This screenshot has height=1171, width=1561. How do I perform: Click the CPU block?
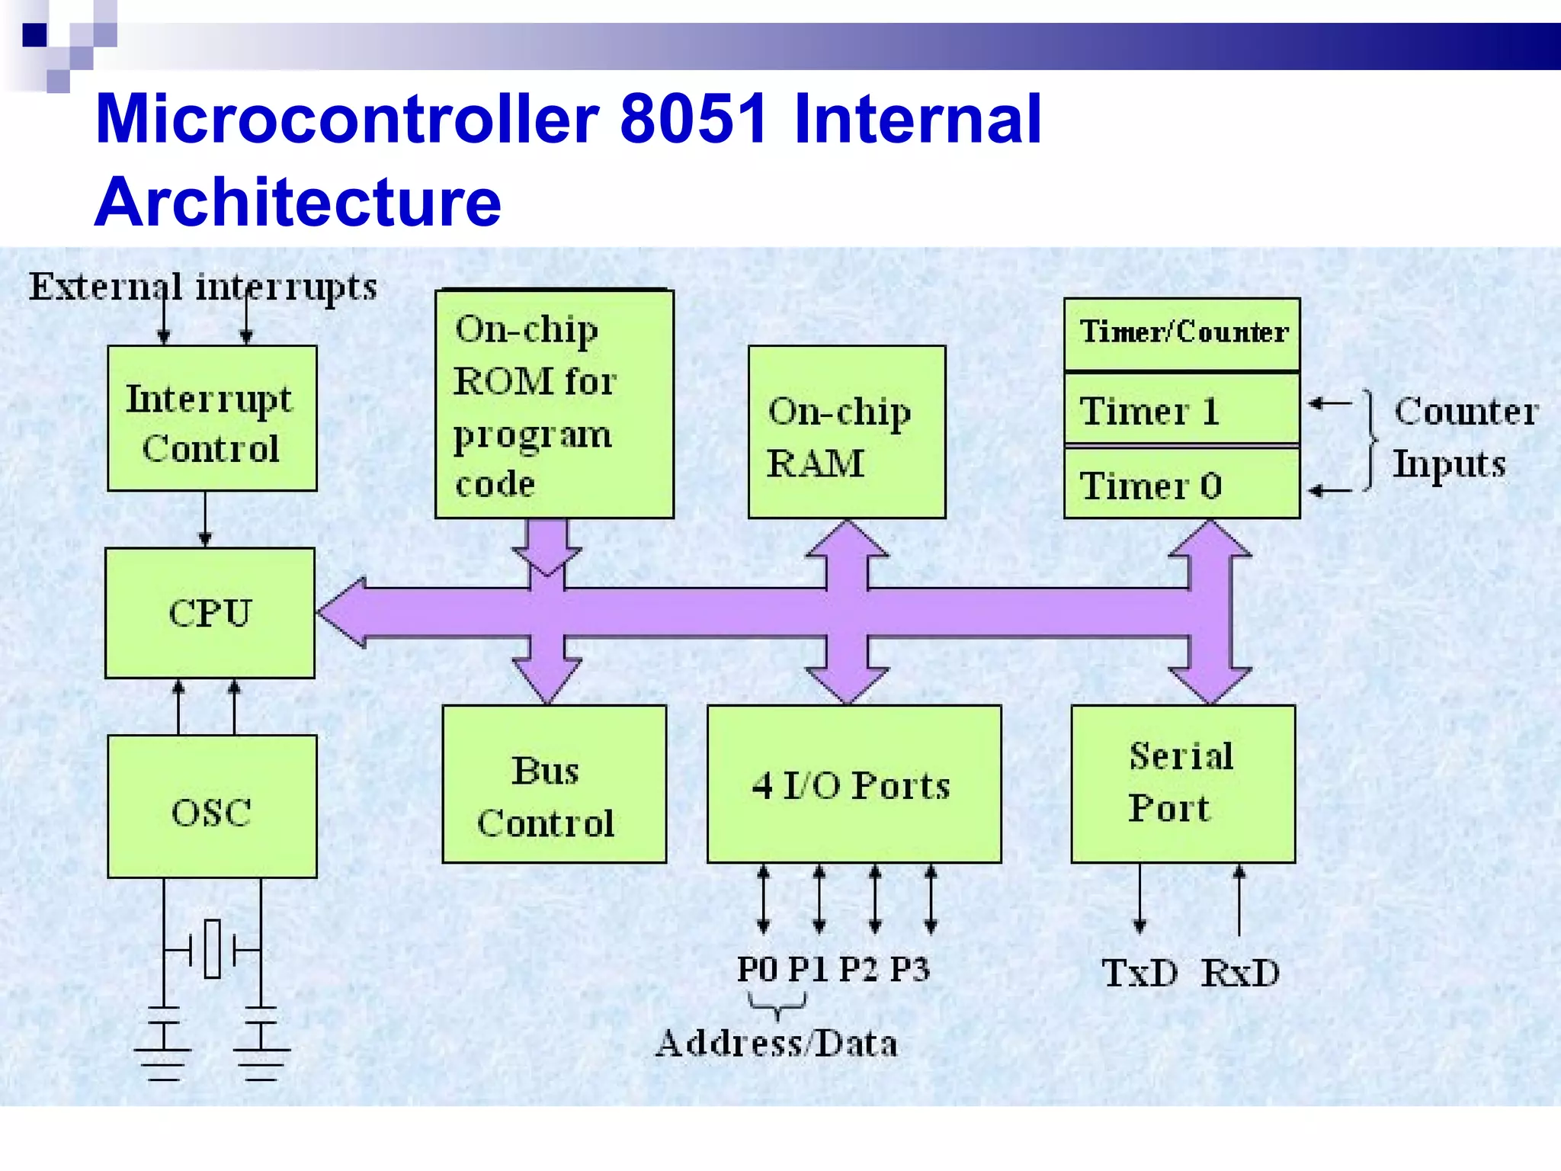pos(210,613)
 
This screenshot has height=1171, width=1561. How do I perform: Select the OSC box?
pos(212,807)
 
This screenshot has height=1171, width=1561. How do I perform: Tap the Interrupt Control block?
pos(212,419)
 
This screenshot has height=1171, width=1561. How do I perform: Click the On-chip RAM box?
pos(847,432)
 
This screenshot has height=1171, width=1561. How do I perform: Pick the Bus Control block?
pos(554,784)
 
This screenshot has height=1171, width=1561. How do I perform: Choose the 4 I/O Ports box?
pos(854,784)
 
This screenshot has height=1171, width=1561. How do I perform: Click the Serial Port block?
pos(1183,784)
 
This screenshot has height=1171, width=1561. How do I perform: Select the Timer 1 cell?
pos(1181,409)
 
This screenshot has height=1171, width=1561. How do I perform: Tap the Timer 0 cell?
pos(1181,484)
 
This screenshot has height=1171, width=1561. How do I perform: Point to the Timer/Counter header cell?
pos(1182,333)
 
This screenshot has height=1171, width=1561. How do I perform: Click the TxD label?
pos(1139,973)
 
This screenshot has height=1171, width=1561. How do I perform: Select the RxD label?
pos(1240,973)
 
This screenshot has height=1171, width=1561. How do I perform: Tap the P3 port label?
pos(910,969)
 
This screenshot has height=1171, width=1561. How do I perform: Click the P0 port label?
pos(757,969)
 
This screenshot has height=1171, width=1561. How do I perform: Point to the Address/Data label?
pos(777,1043)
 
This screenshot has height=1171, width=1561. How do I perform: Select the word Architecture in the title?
pos(298,201)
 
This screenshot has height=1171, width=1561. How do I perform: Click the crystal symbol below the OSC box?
pos(213,949)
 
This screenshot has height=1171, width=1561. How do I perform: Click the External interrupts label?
pos(203,287)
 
